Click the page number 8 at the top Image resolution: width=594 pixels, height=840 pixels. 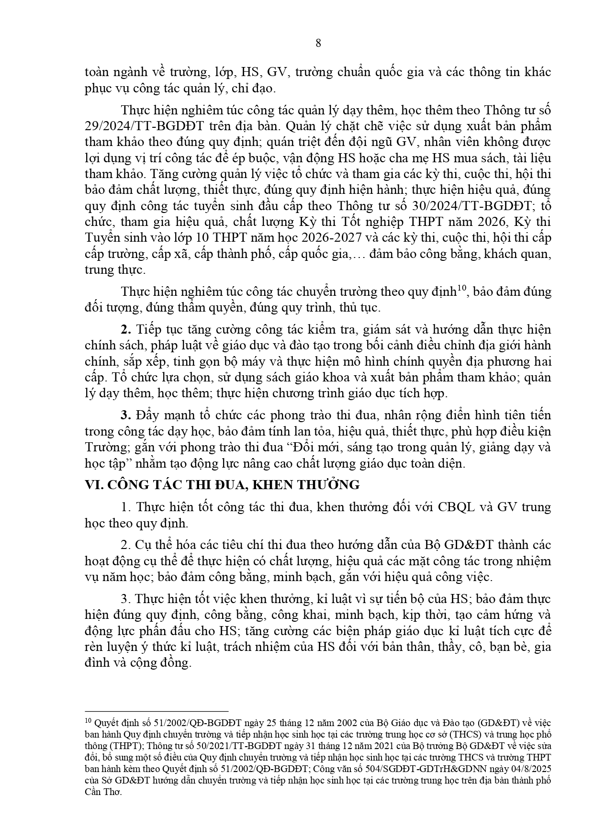(319, 44)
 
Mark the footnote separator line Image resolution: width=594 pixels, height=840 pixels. (156, 712)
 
